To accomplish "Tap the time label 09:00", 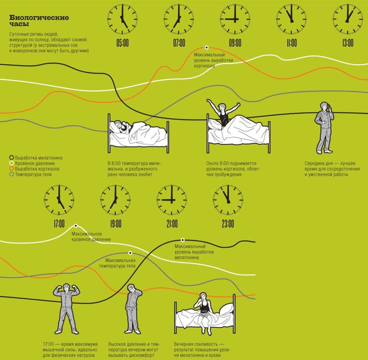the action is (x=235, y=43).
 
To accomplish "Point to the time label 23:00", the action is (x=228, y=223).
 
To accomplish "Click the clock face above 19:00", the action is (x=115, y=200).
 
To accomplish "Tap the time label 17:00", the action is (x=59, y=223).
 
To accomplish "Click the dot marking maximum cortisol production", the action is (x=207, y=47).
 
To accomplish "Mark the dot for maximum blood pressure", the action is (x=76, y=226).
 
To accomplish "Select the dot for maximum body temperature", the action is (x=130, y=253).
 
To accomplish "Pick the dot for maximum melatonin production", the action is (x=183, y=240).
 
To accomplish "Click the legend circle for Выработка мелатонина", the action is (x=11, y=157).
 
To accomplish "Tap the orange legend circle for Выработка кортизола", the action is (x=11, y=169).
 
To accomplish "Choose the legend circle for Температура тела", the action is (x=11, y=174).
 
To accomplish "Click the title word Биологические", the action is (x=39, y=18).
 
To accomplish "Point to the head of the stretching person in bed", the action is (x=221, y=107).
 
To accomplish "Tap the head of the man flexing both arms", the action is (x=66, y=288).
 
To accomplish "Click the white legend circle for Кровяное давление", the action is (x=11, y=163).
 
